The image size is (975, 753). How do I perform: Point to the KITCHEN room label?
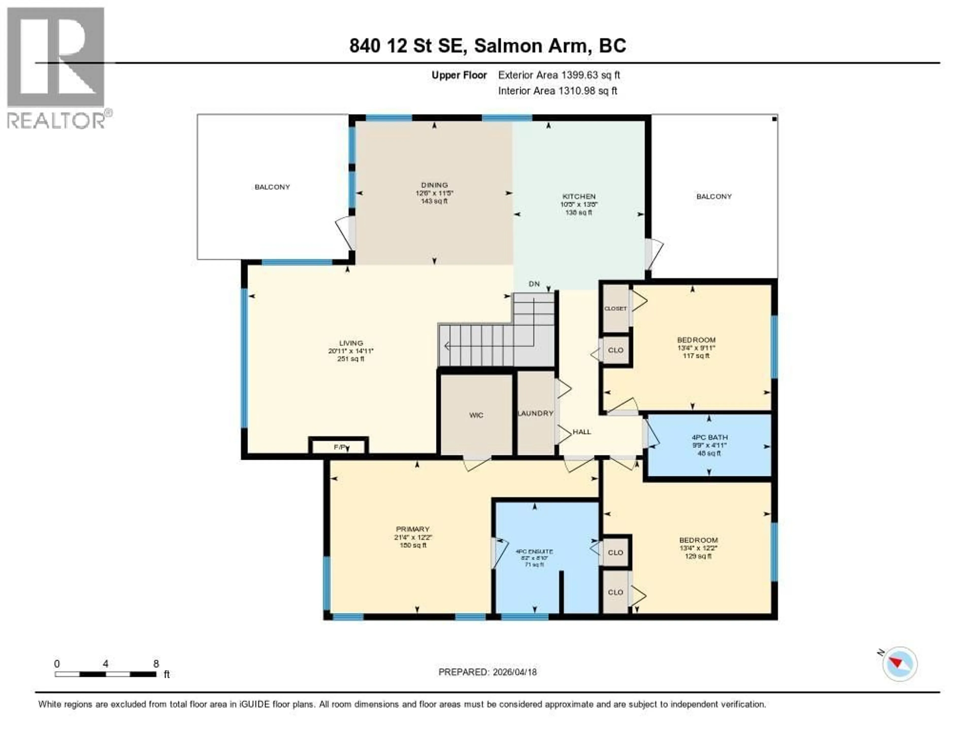pyautogui.click(x=579, y=197)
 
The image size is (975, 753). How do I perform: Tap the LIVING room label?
pyautogui.click(x=351, y=343)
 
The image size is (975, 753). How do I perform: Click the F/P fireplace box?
pyautogui.click(x=339, y=447)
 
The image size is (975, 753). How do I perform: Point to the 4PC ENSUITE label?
pyautogui.click(x=534, y=552)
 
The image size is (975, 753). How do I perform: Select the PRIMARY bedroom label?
pyautogui.click(x=412, y=529)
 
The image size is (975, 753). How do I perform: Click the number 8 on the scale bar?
pyautogui.click(x=156, y=664)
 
